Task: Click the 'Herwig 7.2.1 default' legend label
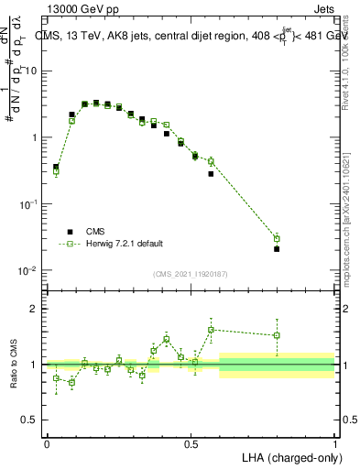(x=124, y=244)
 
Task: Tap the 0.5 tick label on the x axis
(x=191, y=443)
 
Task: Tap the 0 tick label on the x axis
(x=47, y=443)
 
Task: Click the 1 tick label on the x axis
(x=334, y=443)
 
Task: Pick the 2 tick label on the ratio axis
(x=37, y=309)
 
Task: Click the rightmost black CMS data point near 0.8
(x=277, y=248)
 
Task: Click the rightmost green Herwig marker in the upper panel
(x=277, y=238)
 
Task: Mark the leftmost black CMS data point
(x=56, y=167)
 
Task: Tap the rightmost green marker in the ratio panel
(x=277, y=335)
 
